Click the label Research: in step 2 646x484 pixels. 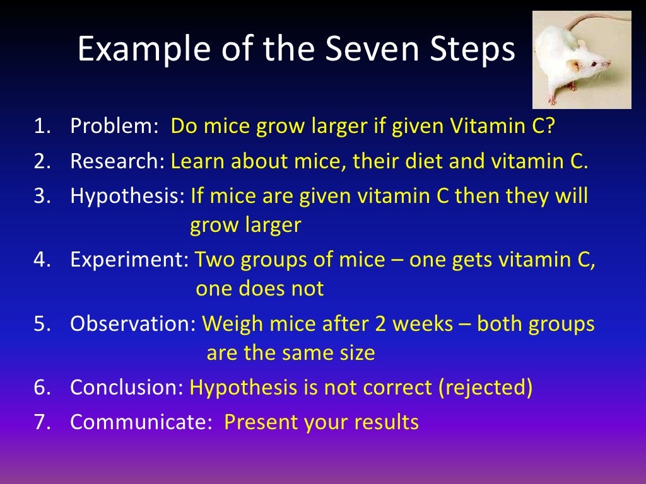coord(118,162)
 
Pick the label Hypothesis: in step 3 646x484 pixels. coord(128,197)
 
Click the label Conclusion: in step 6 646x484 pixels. coord(127,388)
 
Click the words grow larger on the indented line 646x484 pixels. coord(245,226)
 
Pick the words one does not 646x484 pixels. coord(259,289)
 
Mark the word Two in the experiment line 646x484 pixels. coord(213,260)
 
